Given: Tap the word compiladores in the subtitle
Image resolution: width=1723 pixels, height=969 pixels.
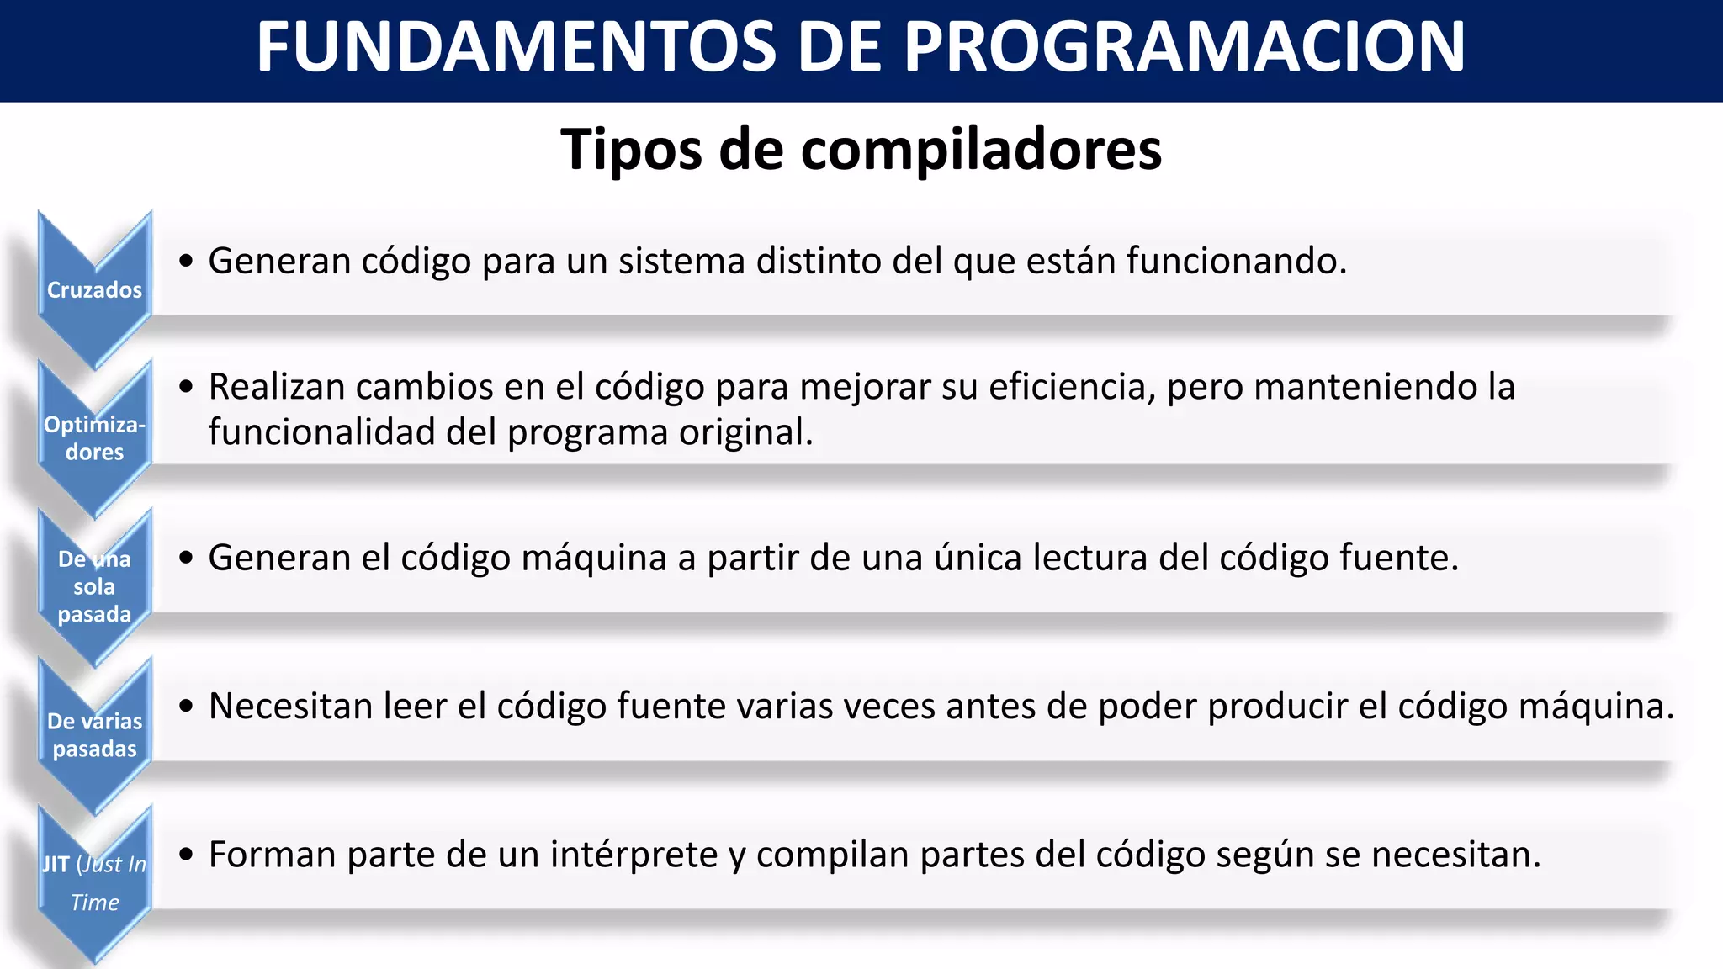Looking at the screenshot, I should click(x=981, y=150).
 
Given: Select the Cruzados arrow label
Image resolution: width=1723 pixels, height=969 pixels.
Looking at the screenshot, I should click(x=94, y=290).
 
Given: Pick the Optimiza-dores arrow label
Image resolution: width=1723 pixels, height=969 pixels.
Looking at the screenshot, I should click(x=94, y=438).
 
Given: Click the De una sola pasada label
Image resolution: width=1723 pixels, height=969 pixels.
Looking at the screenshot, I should click(x=94, y=587).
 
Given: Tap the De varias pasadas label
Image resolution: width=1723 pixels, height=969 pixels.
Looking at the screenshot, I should click(x=94, y=735).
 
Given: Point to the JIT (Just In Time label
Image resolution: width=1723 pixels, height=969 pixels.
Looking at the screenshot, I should click(x=94, y=882).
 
